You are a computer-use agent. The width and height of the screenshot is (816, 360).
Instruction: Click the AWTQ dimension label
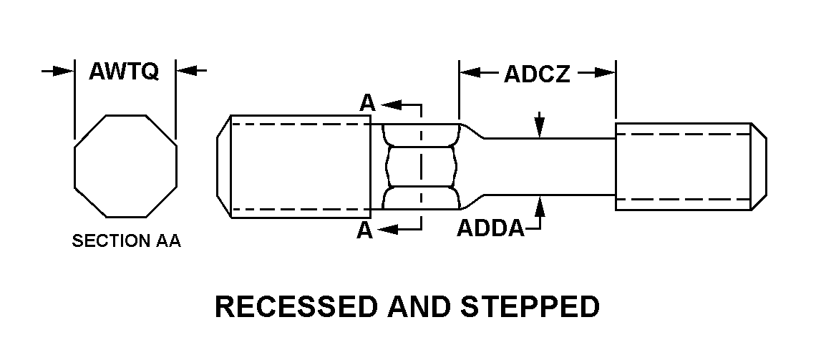124,72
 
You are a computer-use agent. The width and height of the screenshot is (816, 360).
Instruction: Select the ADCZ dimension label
537,74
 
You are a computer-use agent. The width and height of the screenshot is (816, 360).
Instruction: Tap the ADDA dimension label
490,228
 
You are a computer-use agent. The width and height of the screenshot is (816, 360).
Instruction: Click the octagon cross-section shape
125,165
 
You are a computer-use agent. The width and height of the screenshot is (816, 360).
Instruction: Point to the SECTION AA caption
126,242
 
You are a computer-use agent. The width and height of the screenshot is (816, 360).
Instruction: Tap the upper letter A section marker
366,104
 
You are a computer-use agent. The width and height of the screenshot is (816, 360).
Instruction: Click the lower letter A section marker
366,230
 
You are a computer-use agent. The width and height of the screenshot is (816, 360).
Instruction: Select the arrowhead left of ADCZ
468,72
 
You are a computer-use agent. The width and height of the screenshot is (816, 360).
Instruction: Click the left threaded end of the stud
297,166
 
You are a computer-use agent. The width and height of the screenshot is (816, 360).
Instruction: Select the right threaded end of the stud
687,166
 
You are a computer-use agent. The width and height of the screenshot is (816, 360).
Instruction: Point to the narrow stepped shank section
548,166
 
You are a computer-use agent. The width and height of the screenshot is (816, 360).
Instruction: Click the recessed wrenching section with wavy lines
420,166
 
